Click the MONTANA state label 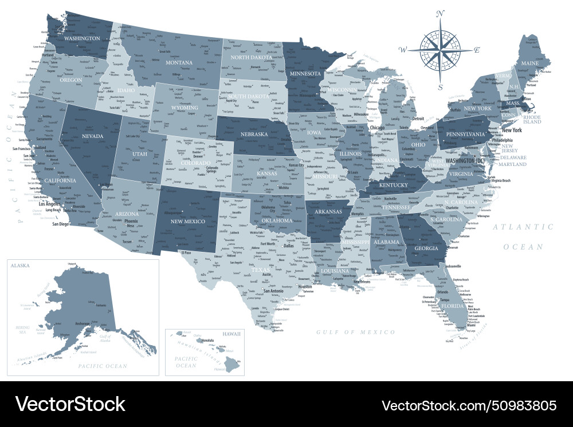click(x=179, y=62)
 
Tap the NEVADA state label click(x=92, y=136)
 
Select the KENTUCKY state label click(x=394, y=185)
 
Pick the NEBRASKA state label click(x=254, y=134)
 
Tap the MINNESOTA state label click(x=305, y=74)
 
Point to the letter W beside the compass click(x=403, y=50)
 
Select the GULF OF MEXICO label click(x=356, y=332)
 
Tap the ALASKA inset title click(x=19, y=266)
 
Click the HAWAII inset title click(x=232, y=333)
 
